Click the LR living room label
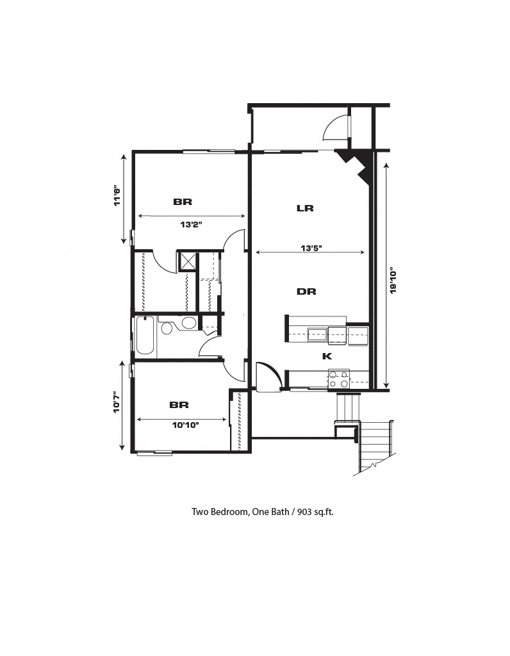coord(304,208)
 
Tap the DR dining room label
coord(306,291)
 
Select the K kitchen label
coord(326,356)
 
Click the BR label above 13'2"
coord(183,202)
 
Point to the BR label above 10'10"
coord(179,405)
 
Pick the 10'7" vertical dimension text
coord(116,403)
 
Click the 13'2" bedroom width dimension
coord(191,224)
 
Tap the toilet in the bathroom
coord(167,329)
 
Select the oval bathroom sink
coord(188,323)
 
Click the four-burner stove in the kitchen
coord(338,379)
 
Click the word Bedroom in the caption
coord(227,512)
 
